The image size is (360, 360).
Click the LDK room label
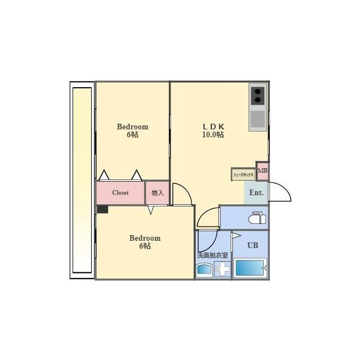213,127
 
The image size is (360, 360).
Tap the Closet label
120,192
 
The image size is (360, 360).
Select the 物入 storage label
157,193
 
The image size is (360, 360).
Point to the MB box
263,171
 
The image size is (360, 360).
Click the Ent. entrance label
256,192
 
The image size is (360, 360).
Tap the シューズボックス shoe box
243,174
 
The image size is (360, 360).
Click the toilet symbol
258,218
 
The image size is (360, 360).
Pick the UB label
253,245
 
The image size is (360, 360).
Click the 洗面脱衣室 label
213,255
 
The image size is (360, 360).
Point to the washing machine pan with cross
223,269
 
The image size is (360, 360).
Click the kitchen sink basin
258,119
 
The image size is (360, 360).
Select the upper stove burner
258,92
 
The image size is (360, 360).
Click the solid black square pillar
102,209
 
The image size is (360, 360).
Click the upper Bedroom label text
133,127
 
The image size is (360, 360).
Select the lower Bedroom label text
145,238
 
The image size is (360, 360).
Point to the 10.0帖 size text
213,134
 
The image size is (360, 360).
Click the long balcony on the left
82,180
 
